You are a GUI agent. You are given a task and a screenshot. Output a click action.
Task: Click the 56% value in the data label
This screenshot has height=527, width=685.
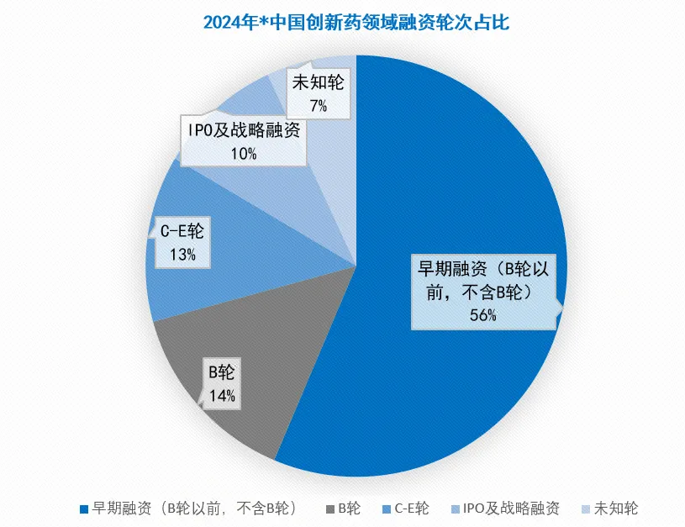pyautogui.click(x=484, y=316)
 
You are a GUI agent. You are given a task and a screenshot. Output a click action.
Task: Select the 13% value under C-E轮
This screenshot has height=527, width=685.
pyautogui.click(x=183, y=255)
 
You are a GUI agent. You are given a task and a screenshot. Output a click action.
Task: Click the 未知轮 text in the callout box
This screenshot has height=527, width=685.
pyautogui.click(x=318, y=82)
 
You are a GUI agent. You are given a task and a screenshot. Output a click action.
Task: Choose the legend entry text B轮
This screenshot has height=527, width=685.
pyautogui.click(x=350, y=509)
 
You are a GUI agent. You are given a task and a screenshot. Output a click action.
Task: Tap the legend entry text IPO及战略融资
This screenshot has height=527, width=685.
pyautogui.click(x=511, y=509)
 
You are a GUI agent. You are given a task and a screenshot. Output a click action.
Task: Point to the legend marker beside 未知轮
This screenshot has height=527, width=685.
pyautogui.click(x=586, y=509)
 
